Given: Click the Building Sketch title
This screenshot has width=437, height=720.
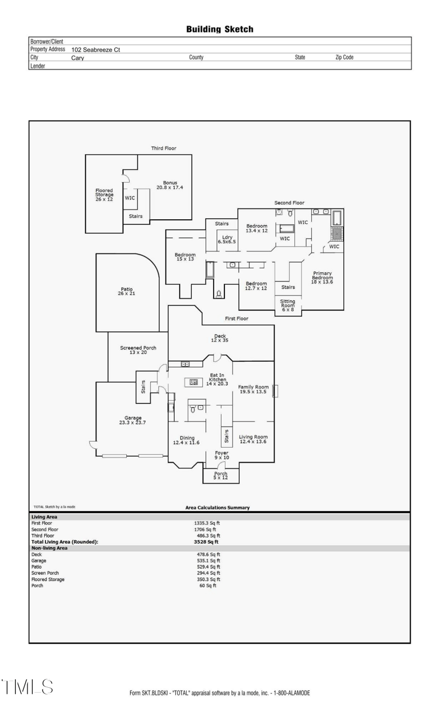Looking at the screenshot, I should click(x=220, y=29).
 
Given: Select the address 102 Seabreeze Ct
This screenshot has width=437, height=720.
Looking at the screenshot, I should click(x=96, y=50).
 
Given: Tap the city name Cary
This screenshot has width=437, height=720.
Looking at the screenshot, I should click(x=78, y=57).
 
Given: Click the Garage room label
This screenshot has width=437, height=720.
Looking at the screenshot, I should click(x=130, y=420).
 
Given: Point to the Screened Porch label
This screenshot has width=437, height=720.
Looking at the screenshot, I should click(x=138, y=350).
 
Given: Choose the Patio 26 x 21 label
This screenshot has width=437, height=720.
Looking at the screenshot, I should click(x=127, y=291).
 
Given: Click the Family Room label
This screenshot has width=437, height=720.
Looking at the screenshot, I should click(x=253, y=389).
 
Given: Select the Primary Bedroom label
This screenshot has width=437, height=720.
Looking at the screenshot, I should click(x=322, y=277).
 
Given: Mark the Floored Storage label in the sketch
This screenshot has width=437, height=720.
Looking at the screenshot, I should click(x=104, y=195).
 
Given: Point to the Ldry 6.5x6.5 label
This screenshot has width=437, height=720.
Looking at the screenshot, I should click(x=226, y=239).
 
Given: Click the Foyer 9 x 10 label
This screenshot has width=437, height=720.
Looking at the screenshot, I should click(x=222, y=455).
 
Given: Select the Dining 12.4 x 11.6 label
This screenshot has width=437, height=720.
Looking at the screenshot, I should click(x=186, y=440).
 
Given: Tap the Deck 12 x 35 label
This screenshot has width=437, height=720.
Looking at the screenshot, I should click(x=220, y=338).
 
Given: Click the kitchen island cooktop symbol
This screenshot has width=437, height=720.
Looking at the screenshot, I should click(x=193, y=382).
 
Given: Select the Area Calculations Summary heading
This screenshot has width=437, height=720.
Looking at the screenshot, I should click(x=217, y=507).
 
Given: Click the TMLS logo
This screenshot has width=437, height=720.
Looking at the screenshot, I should click(x=27, y=687).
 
